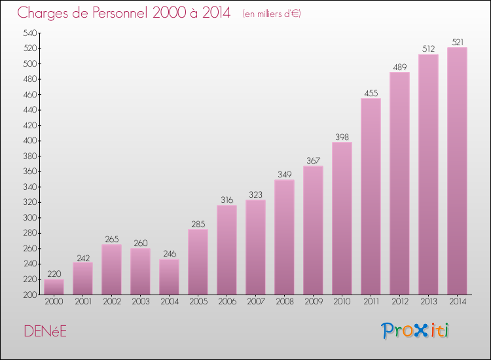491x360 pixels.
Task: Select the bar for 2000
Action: [x=54, y=287]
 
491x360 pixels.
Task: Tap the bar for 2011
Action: [x=371, y=196]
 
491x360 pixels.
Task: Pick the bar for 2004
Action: [x=169, y=277]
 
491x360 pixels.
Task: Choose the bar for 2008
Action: [x=284, y=237]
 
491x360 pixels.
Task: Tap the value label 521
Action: [x=457, y=42]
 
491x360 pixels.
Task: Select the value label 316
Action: [x=227, y=200]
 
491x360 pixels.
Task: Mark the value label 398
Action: [x=342, y=137]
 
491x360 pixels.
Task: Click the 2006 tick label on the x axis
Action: [x=227, y=302]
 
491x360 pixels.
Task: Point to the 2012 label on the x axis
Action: [x=399, y=302]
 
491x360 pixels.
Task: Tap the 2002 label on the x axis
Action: [x=111, y=302]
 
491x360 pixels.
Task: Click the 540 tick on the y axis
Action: [x=30, y=33]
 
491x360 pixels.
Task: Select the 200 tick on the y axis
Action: [x=30, y=295]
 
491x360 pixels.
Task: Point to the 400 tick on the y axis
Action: [x=30, y=141]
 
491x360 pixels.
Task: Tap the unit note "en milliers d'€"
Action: [x=272, y=14]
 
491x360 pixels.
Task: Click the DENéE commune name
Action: [x=45, y=331]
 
